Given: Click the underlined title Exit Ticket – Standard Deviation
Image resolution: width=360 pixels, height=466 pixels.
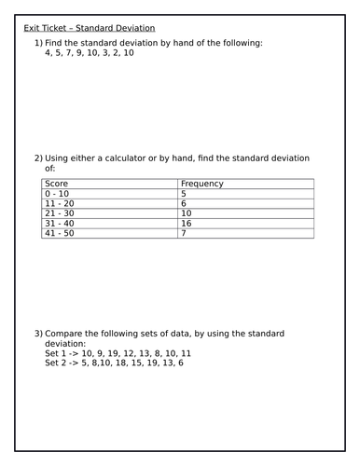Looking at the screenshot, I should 90,29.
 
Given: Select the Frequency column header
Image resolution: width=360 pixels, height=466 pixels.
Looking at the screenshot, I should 201,185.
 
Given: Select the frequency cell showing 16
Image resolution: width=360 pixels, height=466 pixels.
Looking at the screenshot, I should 187,224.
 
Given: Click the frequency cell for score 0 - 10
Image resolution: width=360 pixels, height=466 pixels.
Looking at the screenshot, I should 184,194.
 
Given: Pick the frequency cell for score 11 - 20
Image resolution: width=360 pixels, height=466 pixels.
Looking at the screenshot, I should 184,204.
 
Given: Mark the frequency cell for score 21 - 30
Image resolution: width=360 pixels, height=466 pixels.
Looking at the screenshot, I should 187,213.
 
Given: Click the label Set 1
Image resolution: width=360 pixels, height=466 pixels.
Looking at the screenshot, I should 56,354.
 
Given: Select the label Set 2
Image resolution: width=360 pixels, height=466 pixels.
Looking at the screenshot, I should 56,363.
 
